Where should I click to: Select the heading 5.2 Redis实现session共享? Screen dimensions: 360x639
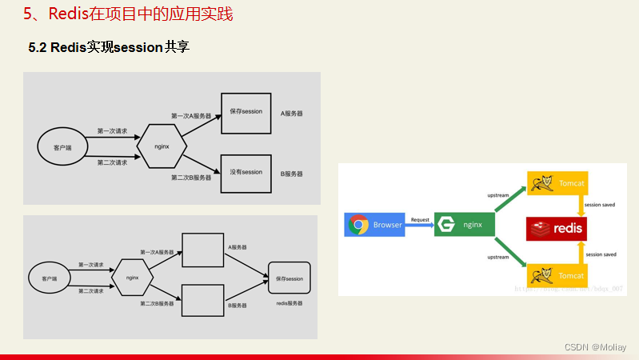[109, 47]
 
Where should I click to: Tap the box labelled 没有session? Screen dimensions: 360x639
[246, 172]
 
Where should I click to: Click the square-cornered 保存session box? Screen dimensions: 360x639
[246, 111]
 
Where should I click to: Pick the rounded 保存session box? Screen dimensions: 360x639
[290, 279]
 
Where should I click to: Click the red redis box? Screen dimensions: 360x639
[557, 229]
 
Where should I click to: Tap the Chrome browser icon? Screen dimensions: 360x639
[358, 225]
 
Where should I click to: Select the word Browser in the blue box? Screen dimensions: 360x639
[388, 225]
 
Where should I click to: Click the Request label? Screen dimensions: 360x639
[420, 218]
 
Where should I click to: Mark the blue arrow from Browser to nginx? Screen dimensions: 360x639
[419, 226]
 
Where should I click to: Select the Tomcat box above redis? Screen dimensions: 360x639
[557, 183]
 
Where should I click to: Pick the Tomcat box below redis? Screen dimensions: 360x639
[557, 275]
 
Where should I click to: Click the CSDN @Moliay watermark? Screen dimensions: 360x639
[595, 347]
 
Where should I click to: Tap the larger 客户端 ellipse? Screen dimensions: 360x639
[62, 147]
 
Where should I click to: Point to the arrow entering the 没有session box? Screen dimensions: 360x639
[203, 163]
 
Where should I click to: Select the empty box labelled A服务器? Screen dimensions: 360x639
[202, 250]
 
